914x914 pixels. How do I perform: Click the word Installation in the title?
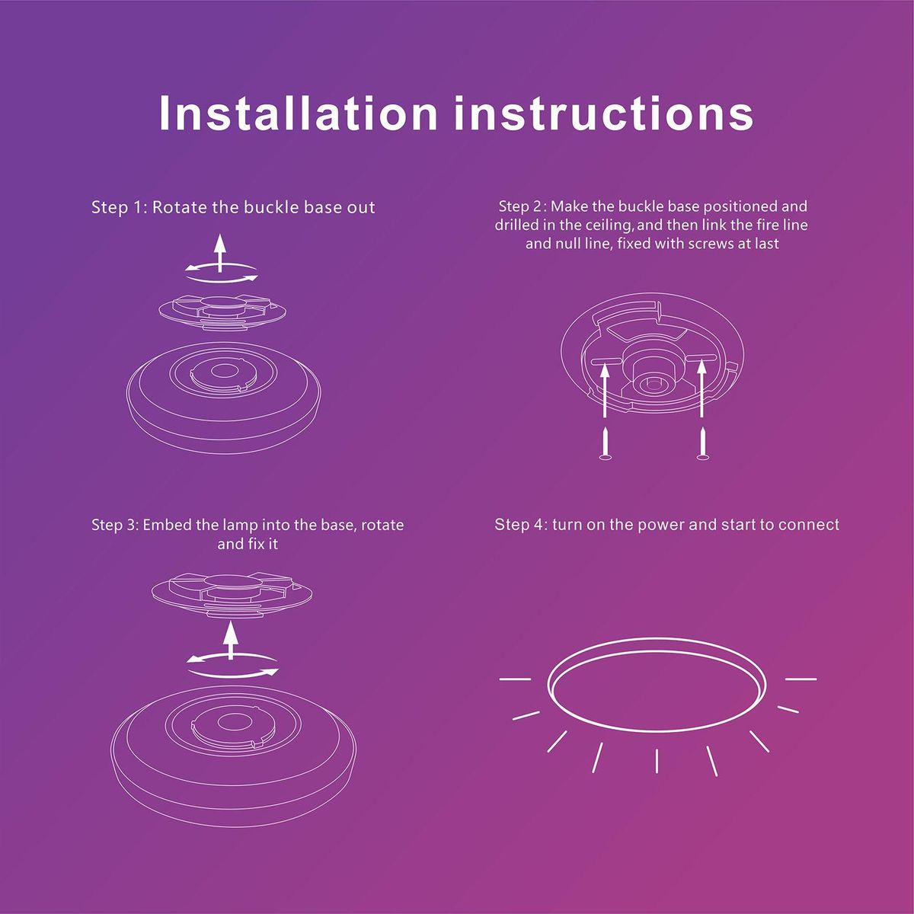pos(298,113)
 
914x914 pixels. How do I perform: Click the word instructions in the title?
pos(603,113)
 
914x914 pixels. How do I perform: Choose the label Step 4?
pos(521,525)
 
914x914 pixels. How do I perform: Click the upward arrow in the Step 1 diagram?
pos(219,253)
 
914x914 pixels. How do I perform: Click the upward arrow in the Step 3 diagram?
pos(231,641)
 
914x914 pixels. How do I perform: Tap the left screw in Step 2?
pos(605,443)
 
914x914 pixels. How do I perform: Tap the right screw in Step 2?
pos(702,443)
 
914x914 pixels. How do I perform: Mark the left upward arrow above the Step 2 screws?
pos(605,389)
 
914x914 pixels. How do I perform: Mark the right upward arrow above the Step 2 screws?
pos(702,389)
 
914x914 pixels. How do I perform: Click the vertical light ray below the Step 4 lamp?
pos(657,761)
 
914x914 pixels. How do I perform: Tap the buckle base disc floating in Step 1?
pos(222,312)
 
